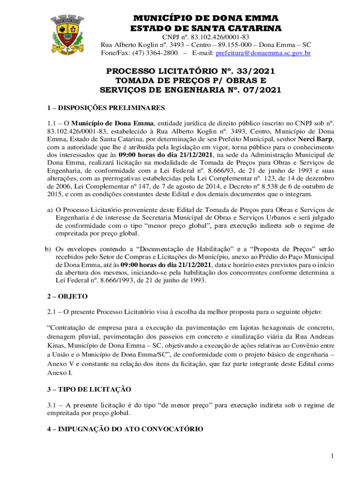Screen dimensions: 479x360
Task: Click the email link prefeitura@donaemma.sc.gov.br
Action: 264,53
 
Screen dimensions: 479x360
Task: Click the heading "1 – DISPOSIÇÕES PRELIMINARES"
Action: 106,108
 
